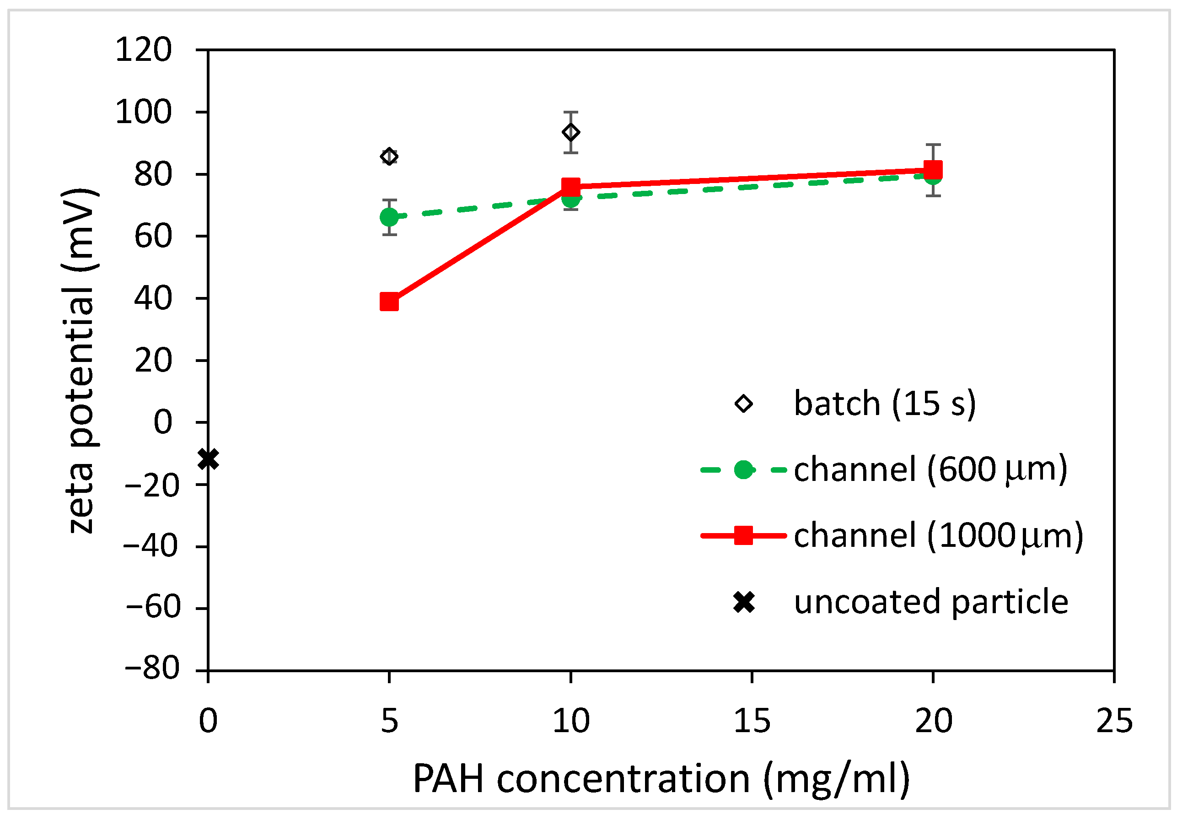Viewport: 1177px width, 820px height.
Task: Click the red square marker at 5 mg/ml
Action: [x=389, y=302]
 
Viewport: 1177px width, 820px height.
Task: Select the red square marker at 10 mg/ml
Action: [x=570, y=187]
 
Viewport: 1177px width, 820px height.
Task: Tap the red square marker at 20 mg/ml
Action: [x=932, y=169]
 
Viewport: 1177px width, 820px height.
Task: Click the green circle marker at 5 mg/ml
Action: [x=389, y=217]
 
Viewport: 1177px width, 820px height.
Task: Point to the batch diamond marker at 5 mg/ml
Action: [x=389, y=156]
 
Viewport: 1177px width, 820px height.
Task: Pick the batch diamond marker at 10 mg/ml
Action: [x=570, y=132]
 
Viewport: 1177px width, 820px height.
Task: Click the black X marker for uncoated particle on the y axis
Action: [x=208, y=459]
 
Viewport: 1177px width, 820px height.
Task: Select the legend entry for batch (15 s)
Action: [x=884, y=404]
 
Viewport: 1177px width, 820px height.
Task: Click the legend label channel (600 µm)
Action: [x=930, y=469]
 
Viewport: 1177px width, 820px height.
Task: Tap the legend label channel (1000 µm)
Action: [x=938, y=535]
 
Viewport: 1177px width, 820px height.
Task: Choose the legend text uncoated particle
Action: [x=930, y=602]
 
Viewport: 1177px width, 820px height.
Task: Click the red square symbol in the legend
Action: [x=743, y=535]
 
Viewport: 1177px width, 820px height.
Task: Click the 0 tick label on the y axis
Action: [x=163, y=422]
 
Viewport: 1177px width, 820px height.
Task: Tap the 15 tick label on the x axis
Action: [x=752, y=721]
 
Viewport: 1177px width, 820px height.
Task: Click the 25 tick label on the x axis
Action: [x=1114, y=721]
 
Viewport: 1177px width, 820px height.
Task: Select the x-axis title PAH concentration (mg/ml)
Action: [x=661, y=779]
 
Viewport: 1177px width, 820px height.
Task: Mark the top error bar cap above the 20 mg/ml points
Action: [x=932, y=145]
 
